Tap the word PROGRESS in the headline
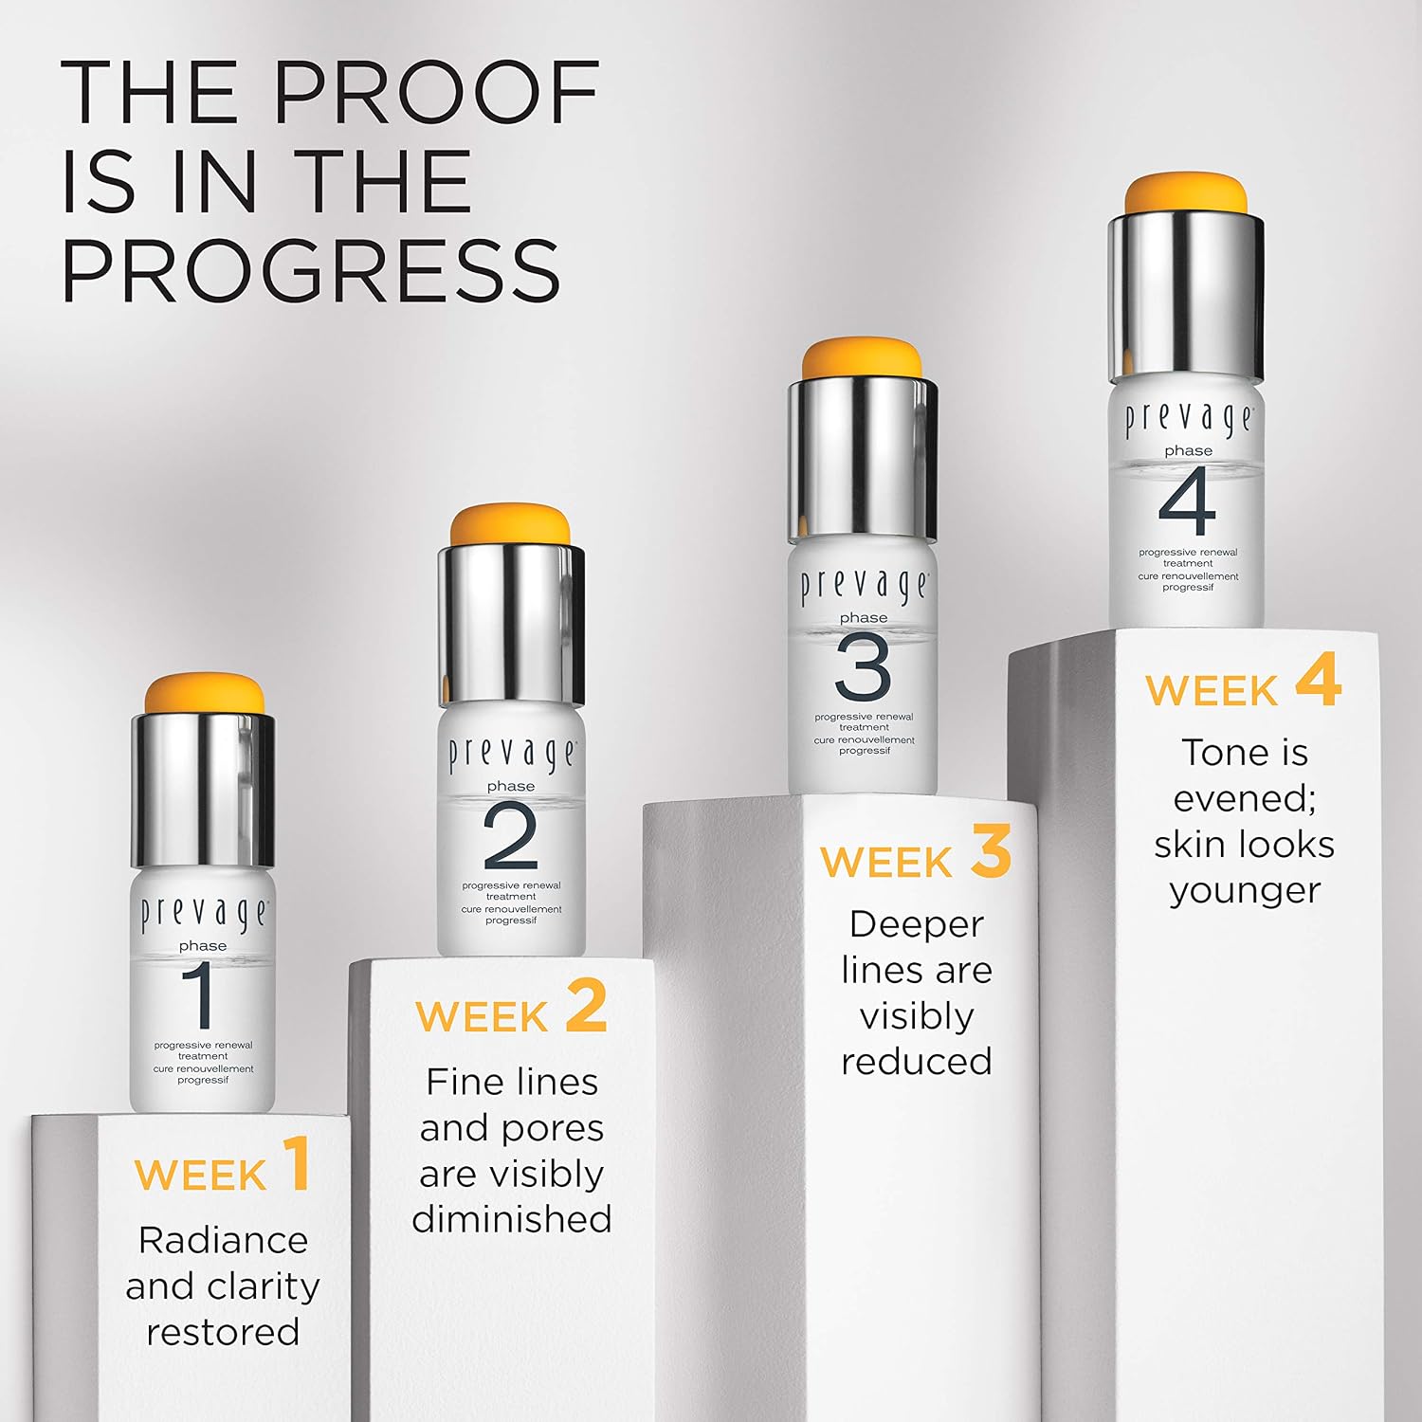pos(312,270)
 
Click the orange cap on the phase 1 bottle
pos(204,694)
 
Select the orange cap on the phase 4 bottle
pos(1186,194)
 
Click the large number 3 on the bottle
pos(864,667)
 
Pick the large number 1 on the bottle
pos(202,996)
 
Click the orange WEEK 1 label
pos(223,1165)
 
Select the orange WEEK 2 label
pos(512,1007)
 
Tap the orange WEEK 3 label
pos(916,852)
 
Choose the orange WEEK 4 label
pos(1244,680)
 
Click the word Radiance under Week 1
pos(223,1240)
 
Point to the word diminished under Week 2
pos(512,1218)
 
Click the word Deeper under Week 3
pos(916,925)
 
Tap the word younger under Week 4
pos(1245,892)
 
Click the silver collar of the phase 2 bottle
pos(511,624)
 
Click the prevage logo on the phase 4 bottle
pos(1189,421)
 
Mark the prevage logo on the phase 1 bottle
pos(204,915)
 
